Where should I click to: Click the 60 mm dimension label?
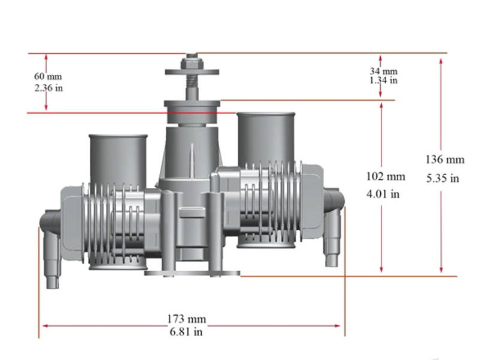pyautogui.click(x=48, y=77)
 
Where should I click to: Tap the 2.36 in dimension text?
pyautogui.click(x=48, y=88)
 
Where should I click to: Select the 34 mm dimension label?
pyautogui.click(x=383, y=71)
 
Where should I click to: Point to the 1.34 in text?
pyautogui.click(x=383, y=80)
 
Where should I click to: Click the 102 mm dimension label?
pyautogui.click(x=386, y=176)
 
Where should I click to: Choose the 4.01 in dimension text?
pyautogui.click(x=383, y=194)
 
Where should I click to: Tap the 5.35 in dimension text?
pyautogui.click(x=443, y=178)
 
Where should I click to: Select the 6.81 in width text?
pyautogui.click(x=187, y=331)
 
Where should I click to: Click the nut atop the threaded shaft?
pyautogui.click(x=192, y=58)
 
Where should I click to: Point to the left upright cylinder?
pyautogui.click(x=118, y=159)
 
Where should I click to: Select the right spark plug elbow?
pyautogui.click(x=332, y=228)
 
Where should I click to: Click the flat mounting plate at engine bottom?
pyautogui.click(x=192, y=274)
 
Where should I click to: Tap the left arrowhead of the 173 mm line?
pyautogui.click(x=43, y=326)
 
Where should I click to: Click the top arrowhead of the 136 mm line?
pyautogui.click(x=441, y=61)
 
